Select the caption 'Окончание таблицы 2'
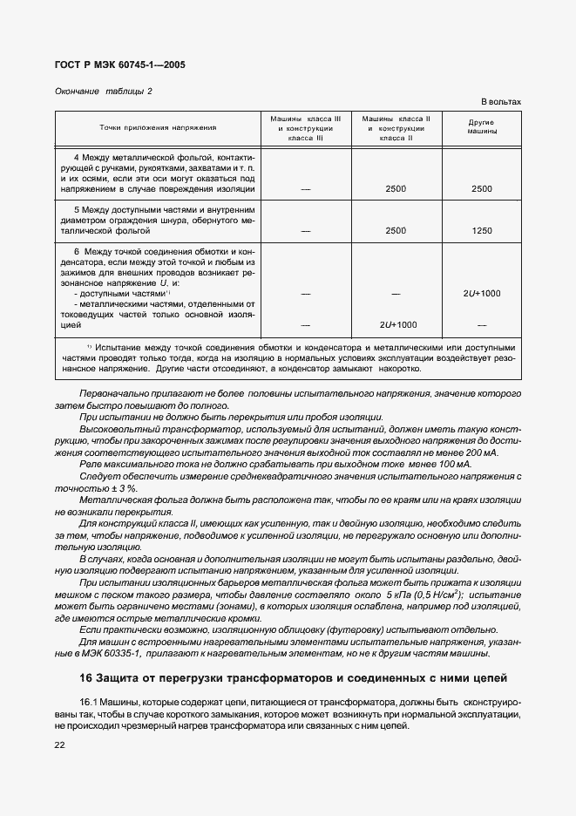(103, 91)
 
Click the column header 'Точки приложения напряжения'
(158, 127)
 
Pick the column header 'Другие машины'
(482, 127)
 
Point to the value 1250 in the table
(482, 231)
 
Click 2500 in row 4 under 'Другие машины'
(482, 188)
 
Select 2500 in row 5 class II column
(396, 231)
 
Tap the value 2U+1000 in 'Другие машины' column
(482, 294)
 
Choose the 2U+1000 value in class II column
(397, 324)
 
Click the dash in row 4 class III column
(306, 188)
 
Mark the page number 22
(60, 745)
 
